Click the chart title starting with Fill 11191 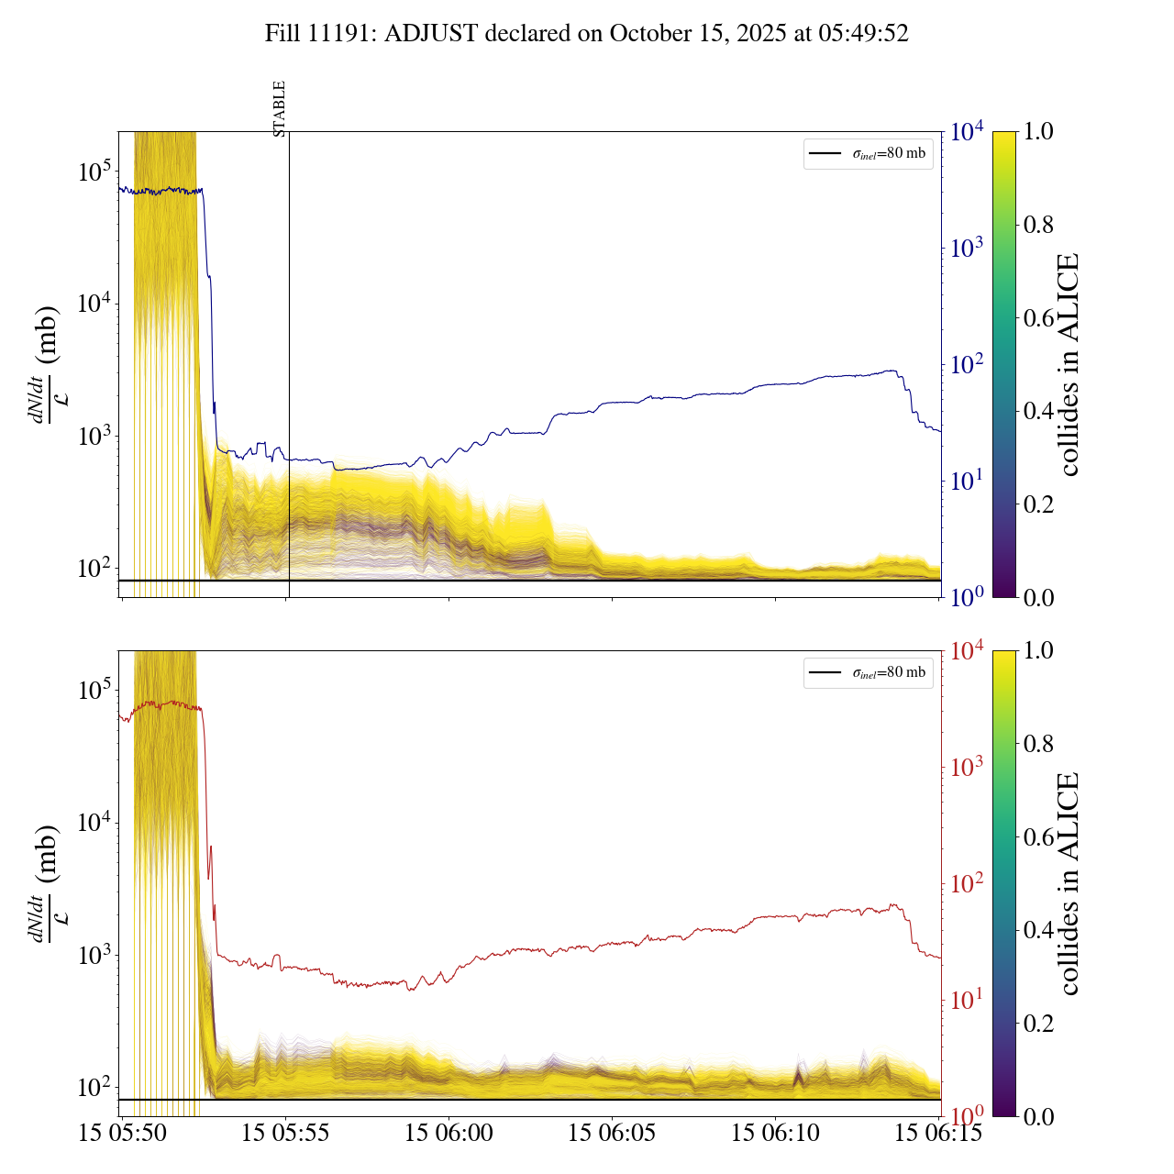pos(586,34)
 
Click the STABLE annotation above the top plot pos(280,109)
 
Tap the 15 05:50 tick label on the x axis pos(123,1133)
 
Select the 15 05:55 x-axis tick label pos(285,1133)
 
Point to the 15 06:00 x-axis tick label pos(449,1133)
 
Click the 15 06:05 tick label pos(612,1133)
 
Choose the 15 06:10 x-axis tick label pos(775,1133)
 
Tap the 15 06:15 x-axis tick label pos(938,1133)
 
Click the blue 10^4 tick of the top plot pos(968,132)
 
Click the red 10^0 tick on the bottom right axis pos(967,1115)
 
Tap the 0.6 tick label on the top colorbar pos(1038,318)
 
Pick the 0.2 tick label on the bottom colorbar pos(1038,1023)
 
